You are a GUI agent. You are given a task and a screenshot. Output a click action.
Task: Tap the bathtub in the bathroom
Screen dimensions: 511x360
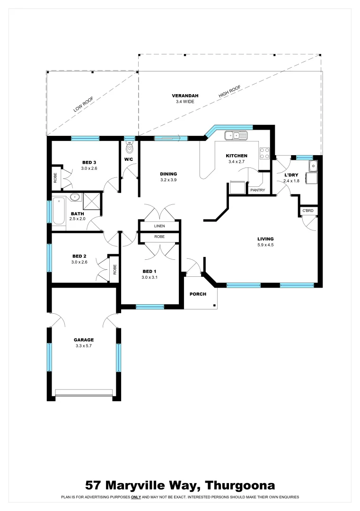coord(59,211)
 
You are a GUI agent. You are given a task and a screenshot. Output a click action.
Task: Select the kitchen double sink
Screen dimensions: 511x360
coord(236,136)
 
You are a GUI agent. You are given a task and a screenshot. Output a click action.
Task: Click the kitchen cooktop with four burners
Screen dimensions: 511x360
coord(264,153)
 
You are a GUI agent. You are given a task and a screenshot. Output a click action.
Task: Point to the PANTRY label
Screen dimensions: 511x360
coord(258,190)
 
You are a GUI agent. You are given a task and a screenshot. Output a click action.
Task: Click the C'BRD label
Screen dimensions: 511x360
coord(308,210)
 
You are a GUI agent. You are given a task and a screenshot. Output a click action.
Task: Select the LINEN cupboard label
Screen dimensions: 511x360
coord(159,226)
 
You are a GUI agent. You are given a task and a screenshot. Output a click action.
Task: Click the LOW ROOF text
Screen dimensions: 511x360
coord(83,104)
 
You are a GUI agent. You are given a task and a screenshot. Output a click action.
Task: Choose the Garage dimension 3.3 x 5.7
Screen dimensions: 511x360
coord(84,346)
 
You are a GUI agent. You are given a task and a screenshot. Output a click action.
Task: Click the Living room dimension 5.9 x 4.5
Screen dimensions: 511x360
coord(265,245)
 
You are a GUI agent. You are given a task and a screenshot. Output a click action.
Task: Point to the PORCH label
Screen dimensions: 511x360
coord(198,294)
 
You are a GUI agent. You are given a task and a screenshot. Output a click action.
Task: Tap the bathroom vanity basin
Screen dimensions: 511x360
coord(74,198)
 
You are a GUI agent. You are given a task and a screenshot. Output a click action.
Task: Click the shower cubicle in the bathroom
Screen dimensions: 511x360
coord(92,201)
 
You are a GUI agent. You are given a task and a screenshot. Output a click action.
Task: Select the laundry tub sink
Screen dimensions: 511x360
coord(312,166)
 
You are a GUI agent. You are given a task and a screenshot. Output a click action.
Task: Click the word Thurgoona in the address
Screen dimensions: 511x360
coord(240,485)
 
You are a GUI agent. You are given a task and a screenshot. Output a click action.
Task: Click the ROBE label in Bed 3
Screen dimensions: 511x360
coord(55,177)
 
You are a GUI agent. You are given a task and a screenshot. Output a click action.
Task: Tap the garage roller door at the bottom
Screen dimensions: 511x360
coord(84,392)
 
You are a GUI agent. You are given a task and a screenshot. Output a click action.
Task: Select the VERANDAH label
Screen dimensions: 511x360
coord(185,96)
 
